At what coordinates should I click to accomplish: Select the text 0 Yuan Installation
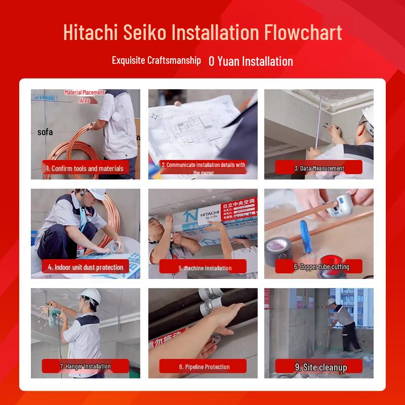pyautogui.click(x=251, y=61)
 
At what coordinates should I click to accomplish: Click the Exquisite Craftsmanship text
pyautogui.click(x=156, y=60)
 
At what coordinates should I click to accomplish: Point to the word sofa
pyautogui.click(x=45, y=132)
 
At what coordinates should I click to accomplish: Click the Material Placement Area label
pyautogui.click(x=85, y=96)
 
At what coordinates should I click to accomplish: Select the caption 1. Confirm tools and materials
pyautogui.click(x=85, y=168)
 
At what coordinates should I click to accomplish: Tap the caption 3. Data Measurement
pyautogui.click(x=319, y=168)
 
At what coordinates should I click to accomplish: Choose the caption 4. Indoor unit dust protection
pyautogui.click(x=86, y=267)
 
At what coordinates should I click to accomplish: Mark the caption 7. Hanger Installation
pyautogui.click(x=85, y=366)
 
